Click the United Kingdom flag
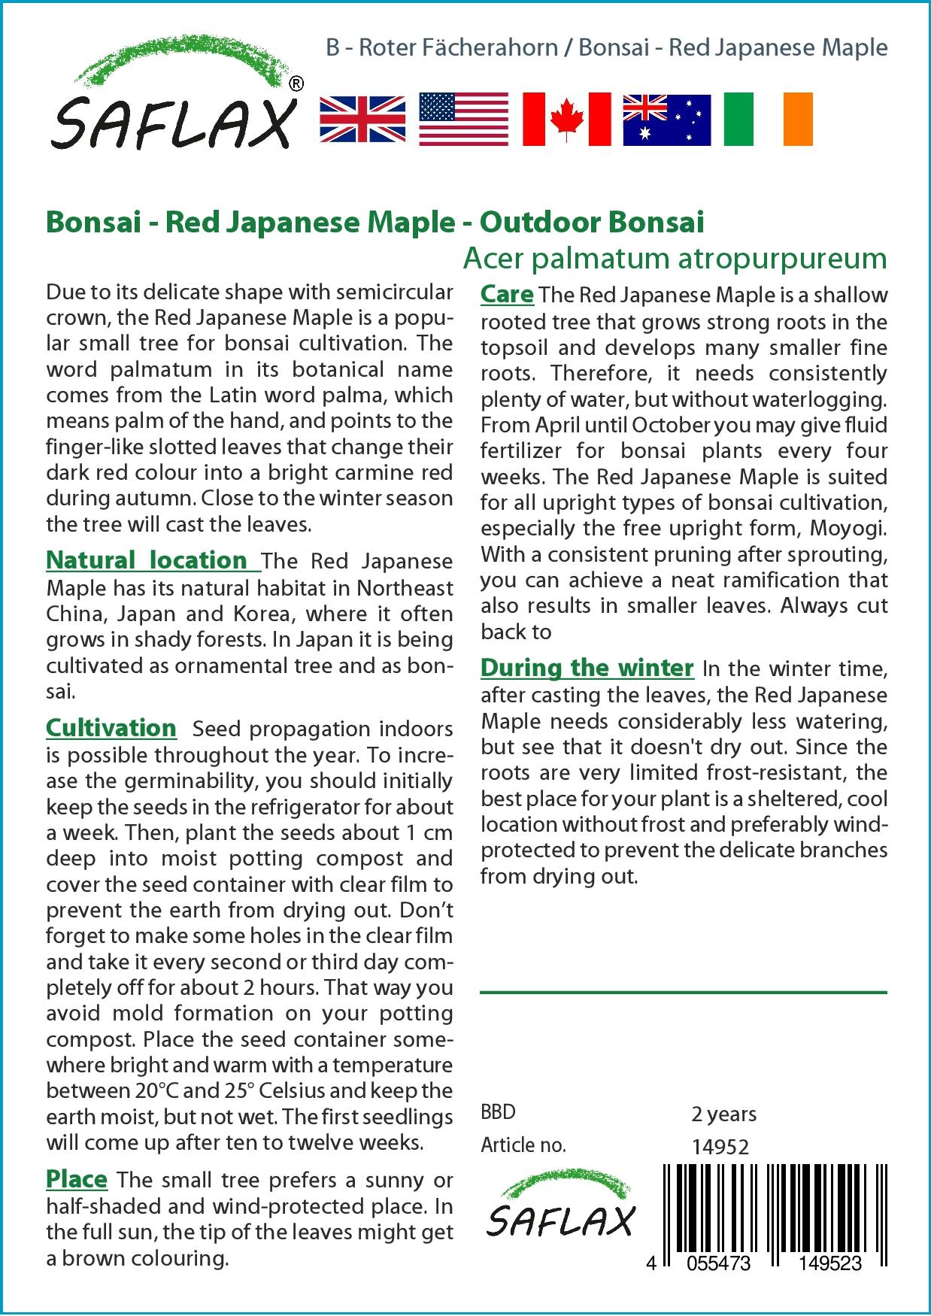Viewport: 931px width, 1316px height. click(x=362, y=120)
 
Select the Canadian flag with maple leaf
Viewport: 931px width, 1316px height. click(x=566, y=120)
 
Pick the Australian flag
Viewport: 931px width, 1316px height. click(x=666, y=120)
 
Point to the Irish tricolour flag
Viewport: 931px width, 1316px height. click(x=768, y=120)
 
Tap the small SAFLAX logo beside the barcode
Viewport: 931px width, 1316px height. click(x=560, y=1208)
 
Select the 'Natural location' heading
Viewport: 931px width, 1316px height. click(x=147, y=560)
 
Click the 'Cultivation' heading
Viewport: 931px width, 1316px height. click(x=111, y=728)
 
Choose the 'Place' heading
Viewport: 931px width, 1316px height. click(x=77, y=1178)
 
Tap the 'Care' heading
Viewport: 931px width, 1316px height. click(x=507, y=294)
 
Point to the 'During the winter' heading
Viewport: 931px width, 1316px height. click(x=587, y=668)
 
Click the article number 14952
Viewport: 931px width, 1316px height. click(x=720, y=1147)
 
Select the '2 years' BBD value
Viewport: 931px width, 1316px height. click(x=723, y=1114)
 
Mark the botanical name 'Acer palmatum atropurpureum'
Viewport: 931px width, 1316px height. click(x=675, y=259)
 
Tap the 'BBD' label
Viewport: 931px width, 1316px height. click(x=498, y=1113)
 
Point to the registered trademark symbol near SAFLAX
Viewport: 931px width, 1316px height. click(x=296, y=84)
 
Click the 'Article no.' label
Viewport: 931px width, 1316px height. click(x=523, y=1146)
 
